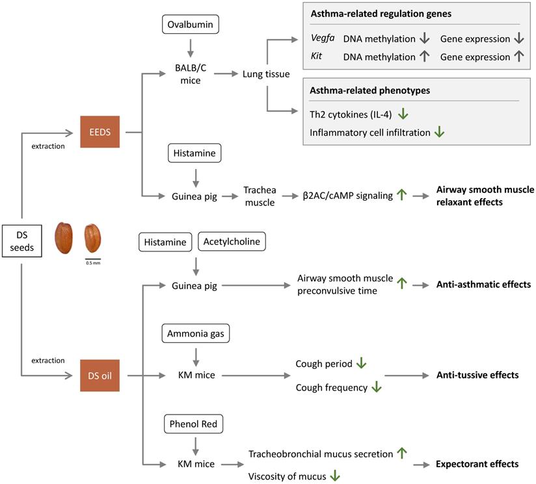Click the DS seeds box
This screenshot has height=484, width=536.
point(21,239)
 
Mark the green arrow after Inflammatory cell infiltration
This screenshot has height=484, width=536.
point(440,132)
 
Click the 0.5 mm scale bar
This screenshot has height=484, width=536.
point(93,259)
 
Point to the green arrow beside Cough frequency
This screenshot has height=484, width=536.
point(375,387)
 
